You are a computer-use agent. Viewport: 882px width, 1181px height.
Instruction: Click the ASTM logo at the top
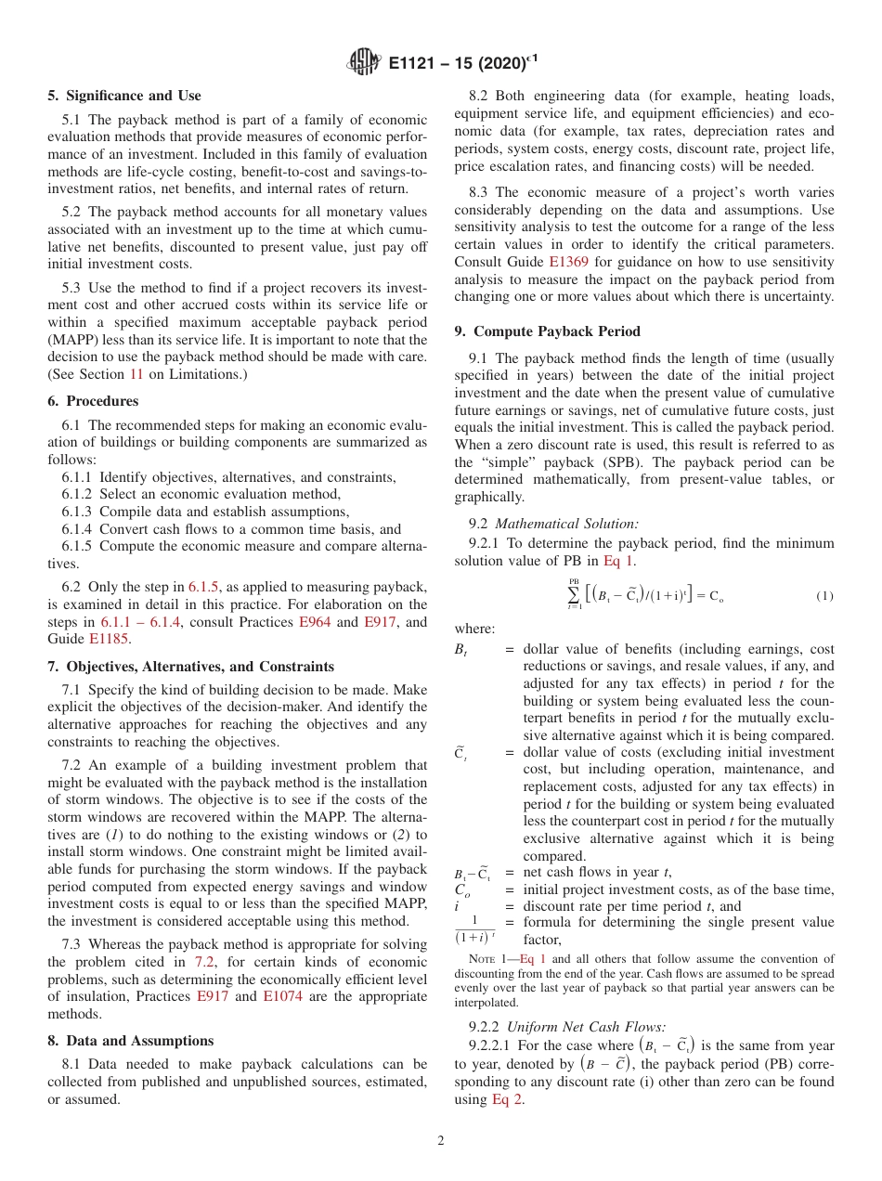click(364, 63)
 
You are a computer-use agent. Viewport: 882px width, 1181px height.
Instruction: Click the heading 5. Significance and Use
click(124, 96)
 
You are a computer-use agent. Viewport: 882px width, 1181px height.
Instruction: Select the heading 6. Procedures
click(93, 401)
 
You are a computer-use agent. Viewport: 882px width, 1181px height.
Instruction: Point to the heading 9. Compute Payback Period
click(547, 331)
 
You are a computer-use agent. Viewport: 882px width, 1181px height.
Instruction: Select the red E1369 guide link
click(568, 262)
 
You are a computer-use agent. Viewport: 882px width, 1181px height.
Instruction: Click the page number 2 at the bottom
click(441, 1141)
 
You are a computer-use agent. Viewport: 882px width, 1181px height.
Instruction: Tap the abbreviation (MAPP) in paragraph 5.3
click(73, 340)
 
